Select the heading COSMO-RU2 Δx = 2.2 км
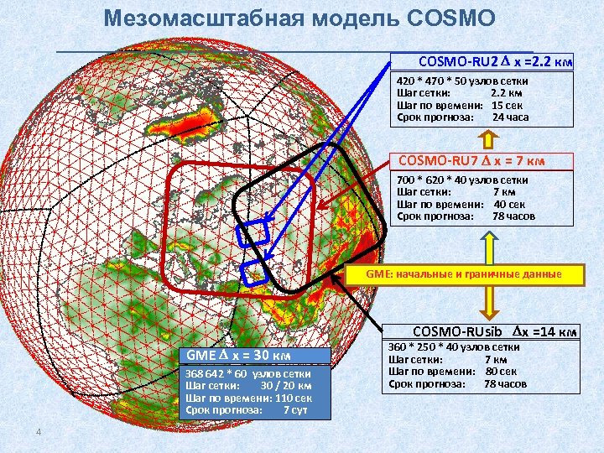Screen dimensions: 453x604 click(495, 61)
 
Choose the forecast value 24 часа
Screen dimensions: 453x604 click(510, 118)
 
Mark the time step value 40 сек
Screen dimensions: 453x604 click(509, 204)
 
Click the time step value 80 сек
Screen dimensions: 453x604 click(501, 371)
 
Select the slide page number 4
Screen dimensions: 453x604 click(39, 432)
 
